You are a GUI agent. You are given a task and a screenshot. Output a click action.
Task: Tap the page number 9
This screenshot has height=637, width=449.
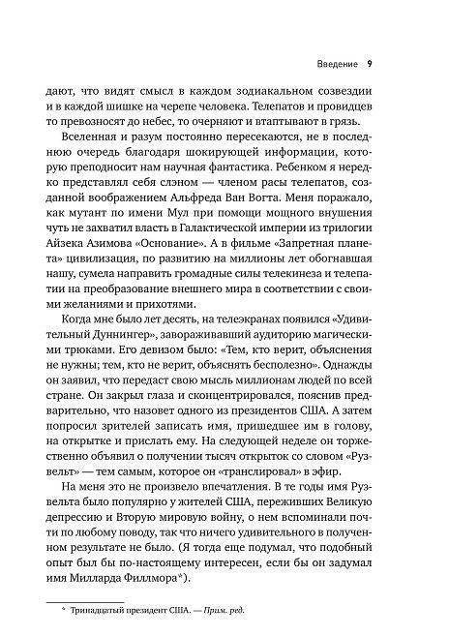coord(371,67)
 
